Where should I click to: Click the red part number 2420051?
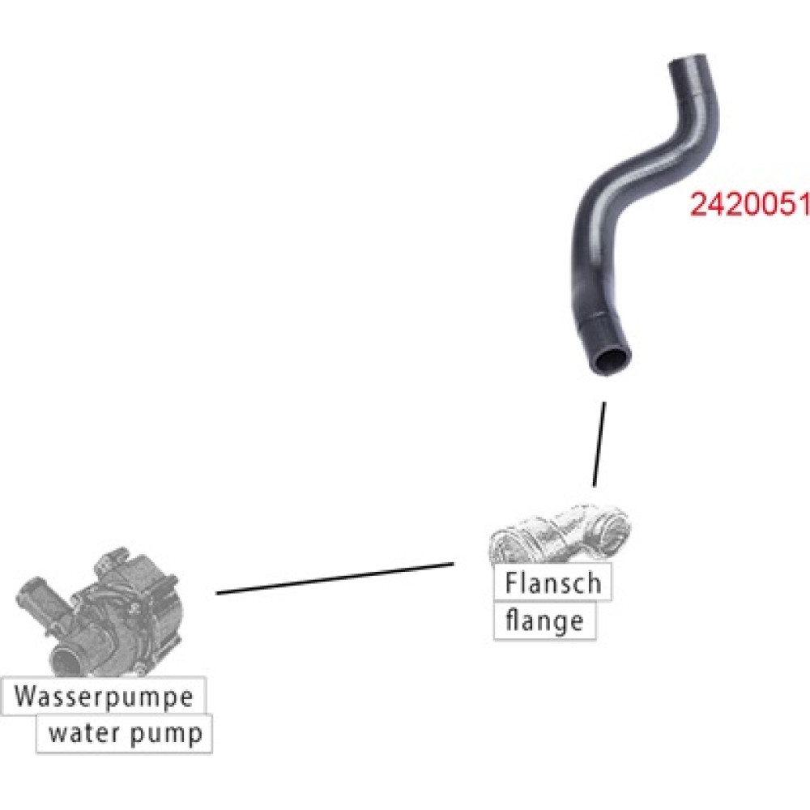coord(749,205)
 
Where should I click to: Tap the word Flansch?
coord(552,582)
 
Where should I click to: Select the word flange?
coord(544,622)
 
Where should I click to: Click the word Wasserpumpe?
coord(104,697)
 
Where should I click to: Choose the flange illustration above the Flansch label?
coord(560,534)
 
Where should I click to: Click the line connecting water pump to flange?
coord(335,578)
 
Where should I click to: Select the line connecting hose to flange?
coord(599,444)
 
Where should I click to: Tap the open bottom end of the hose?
coord(612,361)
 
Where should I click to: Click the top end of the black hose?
coord(688,61)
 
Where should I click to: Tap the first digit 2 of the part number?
coord(698,205)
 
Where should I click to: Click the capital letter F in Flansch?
coord(511,582)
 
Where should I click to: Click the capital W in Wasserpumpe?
coord(25,696)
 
